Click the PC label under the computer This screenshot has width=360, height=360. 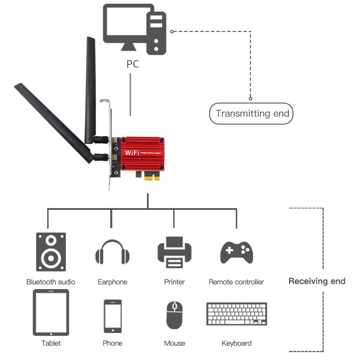132,64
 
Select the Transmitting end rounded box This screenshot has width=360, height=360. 251,114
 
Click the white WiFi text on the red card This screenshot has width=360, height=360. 131,153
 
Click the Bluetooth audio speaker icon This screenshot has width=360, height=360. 51,252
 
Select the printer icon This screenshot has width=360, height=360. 174,252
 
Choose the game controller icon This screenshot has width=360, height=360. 237,252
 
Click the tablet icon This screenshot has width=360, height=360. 51,312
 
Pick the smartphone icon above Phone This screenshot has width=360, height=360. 113,316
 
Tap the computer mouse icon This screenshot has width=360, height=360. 175,315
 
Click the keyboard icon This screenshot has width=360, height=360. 237,314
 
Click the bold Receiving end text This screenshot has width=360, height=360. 317,281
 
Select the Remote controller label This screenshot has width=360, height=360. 236,282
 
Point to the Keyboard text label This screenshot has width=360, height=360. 237,343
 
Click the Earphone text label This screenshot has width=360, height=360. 112,282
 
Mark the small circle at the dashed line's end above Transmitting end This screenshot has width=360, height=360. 251,98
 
